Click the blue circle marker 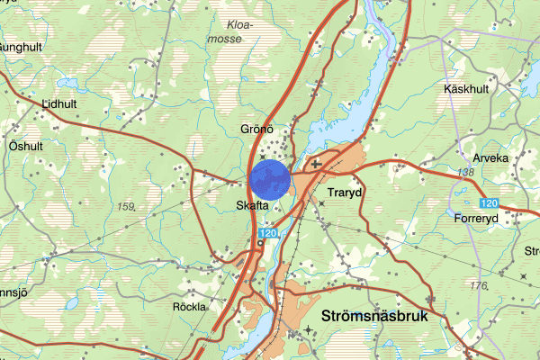click(x=270, y=179)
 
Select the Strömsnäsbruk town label click(x=375, y=317)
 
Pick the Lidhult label click(x=59, y=103)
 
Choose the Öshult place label click(x=25, y=146)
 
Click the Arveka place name click(x=490, y=157)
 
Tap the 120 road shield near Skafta click(x=267, y=234)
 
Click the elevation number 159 click(x=125, y=207)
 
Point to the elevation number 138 click(x=465, y=172)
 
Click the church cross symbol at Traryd click(x=315, y=165)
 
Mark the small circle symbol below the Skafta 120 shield click(x=260, y=245)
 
